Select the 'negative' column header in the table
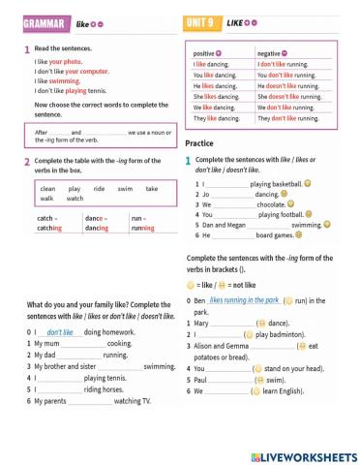[273, 52]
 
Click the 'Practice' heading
[198, 143]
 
